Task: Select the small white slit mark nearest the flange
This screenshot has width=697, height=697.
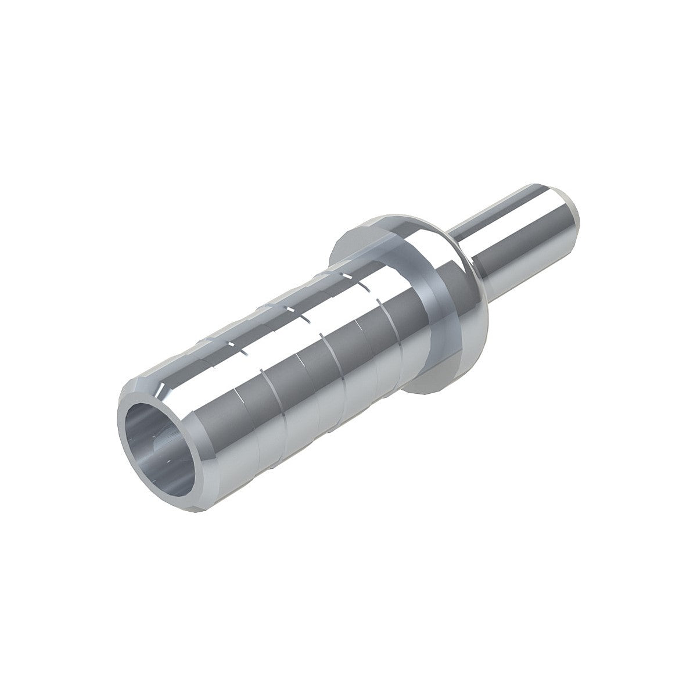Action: [366, 288]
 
